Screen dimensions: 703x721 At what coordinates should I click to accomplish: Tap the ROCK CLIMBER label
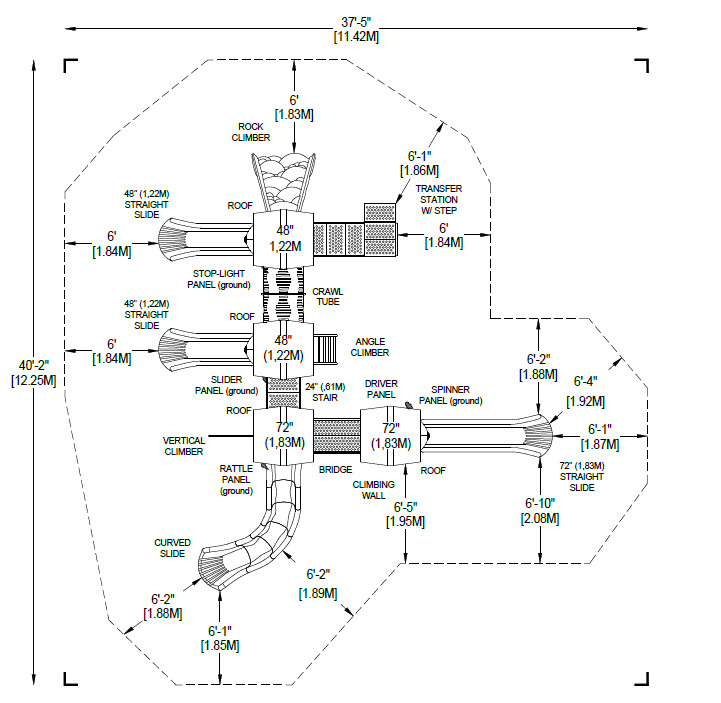point(251,132)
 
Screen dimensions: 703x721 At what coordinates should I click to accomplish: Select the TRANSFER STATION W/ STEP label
point(439,200)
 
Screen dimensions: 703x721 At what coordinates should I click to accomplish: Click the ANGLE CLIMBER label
point(370,347)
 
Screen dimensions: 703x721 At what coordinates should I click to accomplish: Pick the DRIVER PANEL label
point(381,390)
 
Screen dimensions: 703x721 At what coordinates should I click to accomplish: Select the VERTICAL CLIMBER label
point(184,445)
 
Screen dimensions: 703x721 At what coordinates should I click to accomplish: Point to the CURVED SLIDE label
point(172,548)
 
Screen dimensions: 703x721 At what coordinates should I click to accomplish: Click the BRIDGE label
point(333,469)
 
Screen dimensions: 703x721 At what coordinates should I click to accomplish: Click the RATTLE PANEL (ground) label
point(236,479)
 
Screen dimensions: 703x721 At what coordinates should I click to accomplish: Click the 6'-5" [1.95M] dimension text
point(404,514)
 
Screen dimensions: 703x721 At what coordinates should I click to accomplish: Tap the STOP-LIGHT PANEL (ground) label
point(221,278)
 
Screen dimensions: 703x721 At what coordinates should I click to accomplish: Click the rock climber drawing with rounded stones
point(283,180)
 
